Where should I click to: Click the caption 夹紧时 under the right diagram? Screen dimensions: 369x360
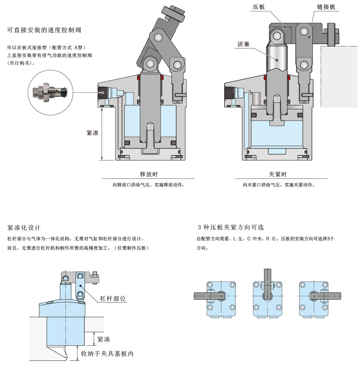coord(278,174)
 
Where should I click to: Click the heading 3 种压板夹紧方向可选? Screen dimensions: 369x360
coord(231,227)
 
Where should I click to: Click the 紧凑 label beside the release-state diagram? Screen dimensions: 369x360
coord(92,133)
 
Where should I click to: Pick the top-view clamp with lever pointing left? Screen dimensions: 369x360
coord(219,295)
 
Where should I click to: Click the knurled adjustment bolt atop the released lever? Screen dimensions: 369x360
coord(175,14)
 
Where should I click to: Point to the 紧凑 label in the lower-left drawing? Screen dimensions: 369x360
coord(103,339)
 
